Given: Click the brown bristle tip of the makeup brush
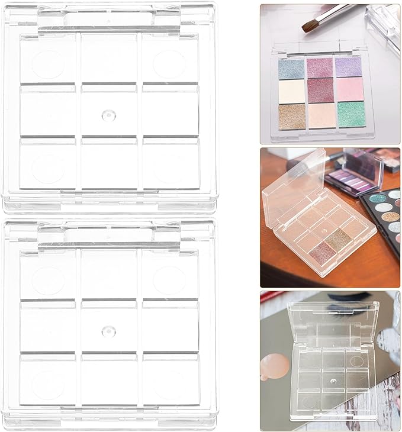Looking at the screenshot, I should [x=308, y=25].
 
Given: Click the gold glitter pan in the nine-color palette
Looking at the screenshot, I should [x=291, y=114].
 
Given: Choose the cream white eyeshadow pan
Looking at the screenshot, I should [x=291, y=91].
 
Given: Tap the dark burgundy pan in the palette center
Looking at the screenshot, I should [x=321, y=90].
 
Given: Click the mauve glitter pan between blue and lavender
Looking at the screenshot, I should [x=320, y=67].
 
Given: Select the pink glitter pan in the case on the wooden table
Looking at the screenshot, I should [x=321, y=252].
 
